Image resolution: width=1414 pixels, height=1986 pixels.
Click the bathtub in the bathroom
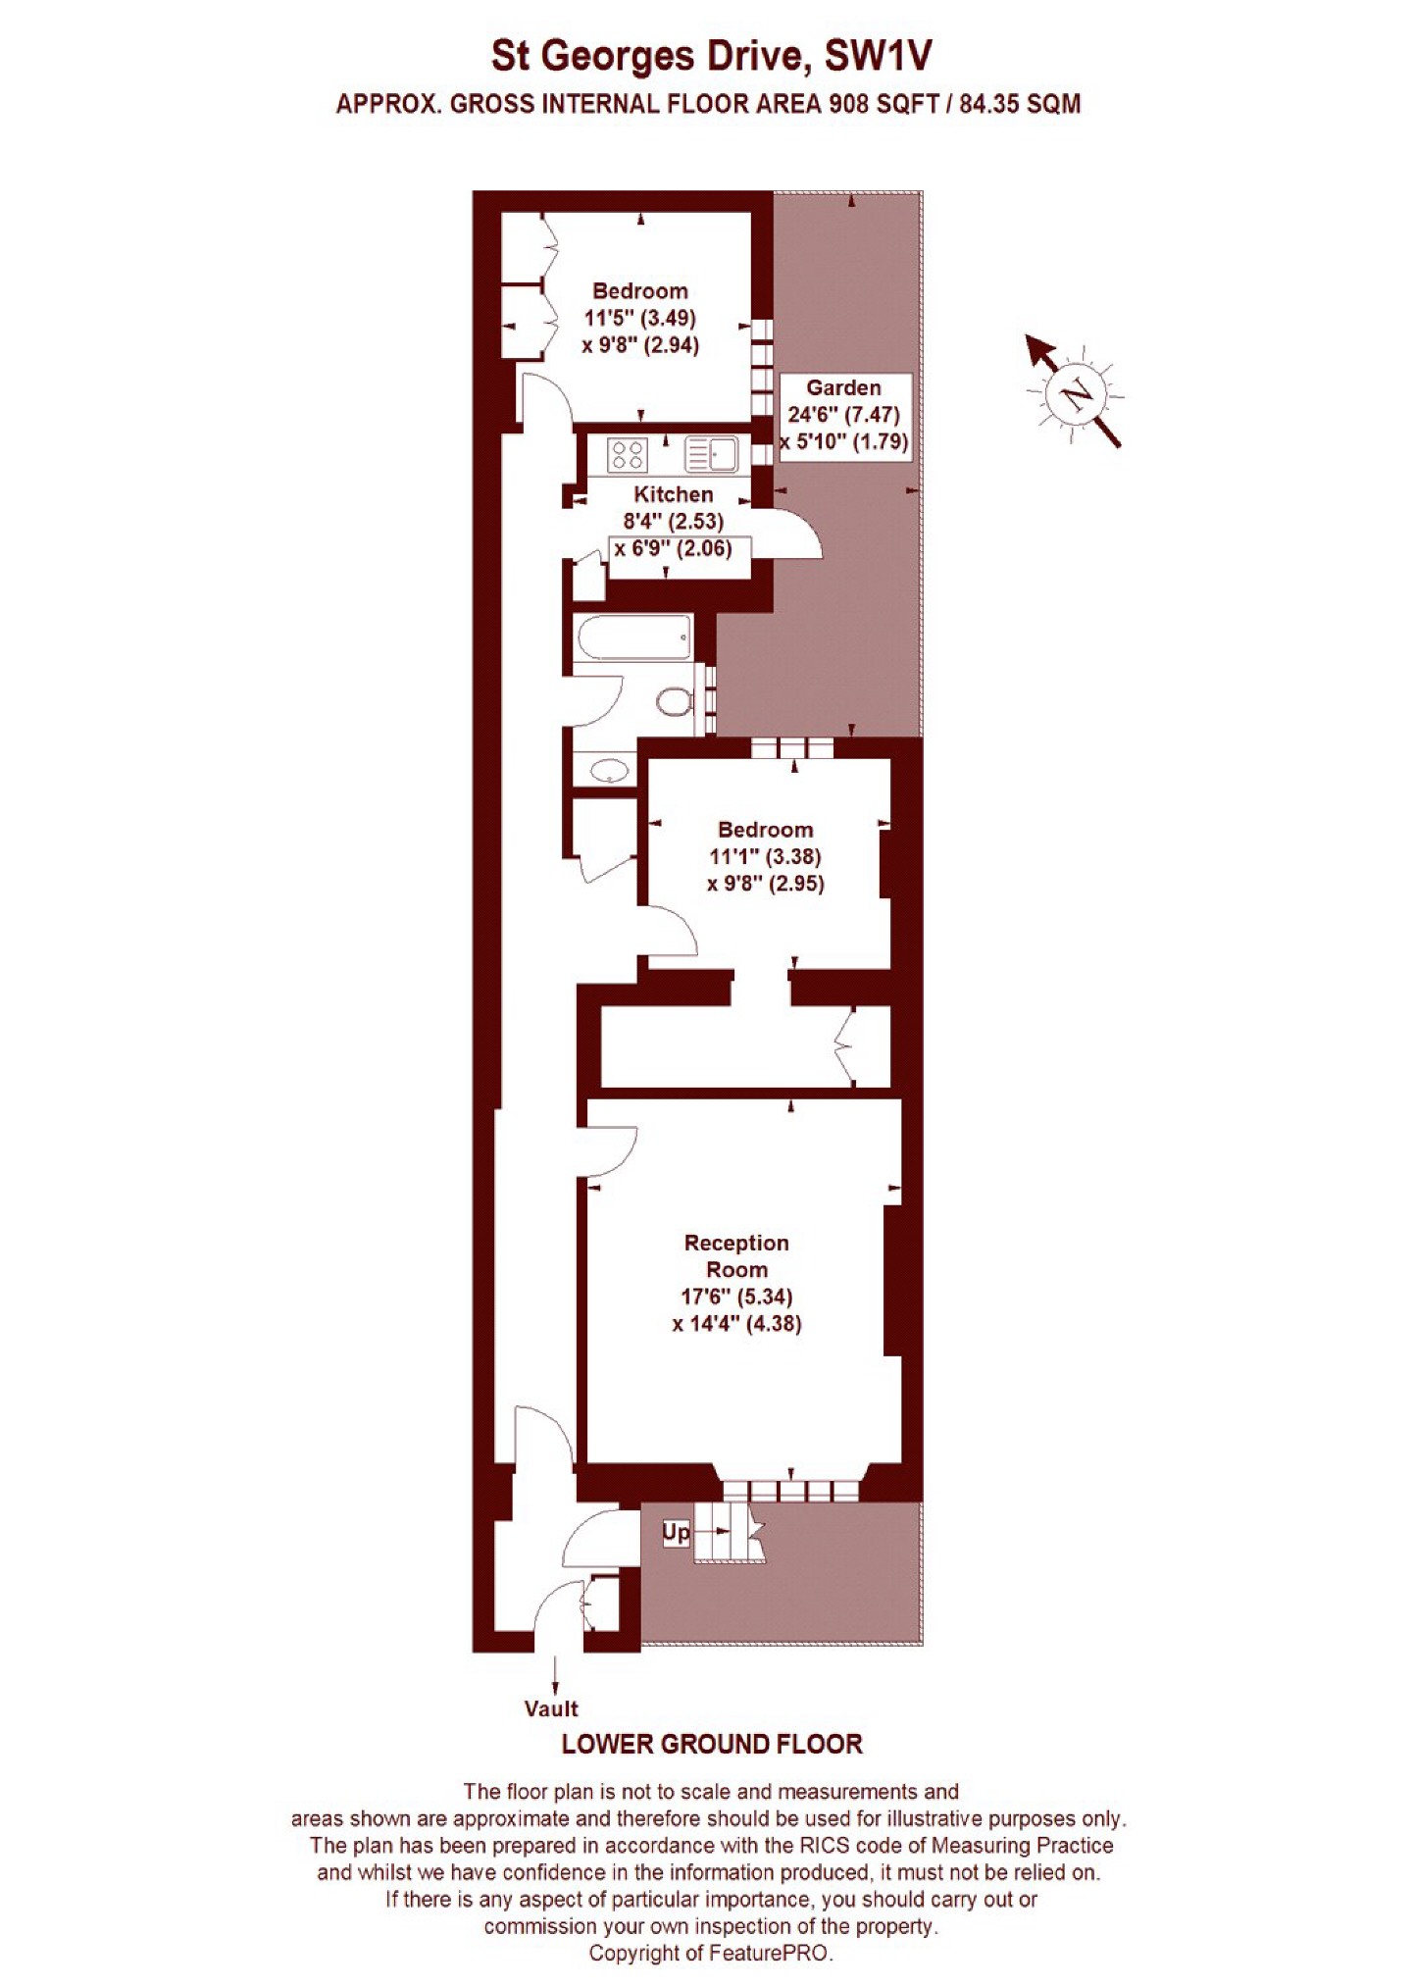coord(634,638)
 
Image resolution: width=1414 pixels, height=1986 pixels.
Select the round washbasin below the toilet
coord(610,770)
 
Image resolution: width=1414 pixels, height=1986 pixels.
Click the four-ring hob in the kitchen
coord(628,454)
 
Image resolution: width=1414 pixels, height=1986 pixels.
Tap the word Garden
coord(843,387)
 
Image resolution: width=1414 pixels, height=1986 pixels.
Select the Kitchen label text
coord(673,494)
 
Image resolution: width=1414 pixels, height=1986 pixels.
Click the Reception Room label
coord(736,1256)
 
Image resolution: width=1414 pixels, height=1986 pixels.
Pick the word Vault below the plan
coord(551,1708)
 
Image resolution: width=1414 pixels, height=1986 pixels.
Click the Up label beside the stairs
coord(677,1531)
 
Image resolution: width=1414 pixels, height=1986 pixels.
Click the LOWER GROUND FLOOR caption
coord(712,1745)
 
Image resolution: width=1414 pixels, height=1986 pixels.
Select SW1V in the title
coord(878,57)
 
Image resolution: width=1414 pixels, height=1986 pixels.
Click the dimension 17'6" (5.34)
coord(737,1297)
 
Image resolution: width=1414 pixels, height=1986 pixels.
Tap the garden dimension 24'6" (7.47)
coord(843,414)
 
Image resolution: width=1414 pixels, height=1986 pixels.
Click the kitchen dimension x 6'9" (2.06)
coord(673,548)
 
